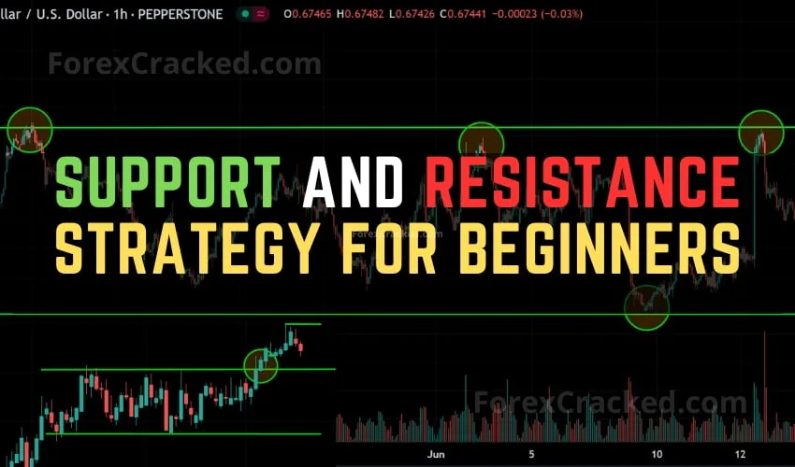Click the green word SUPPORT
169,181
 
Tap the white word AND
353,181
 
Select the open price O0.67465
314,14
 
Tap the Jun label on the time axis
435,455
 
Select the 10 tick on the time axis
658,455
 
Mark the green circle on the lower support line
646,307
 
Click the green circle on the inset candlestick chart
261,365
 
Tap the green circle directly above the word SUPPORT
30,131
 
